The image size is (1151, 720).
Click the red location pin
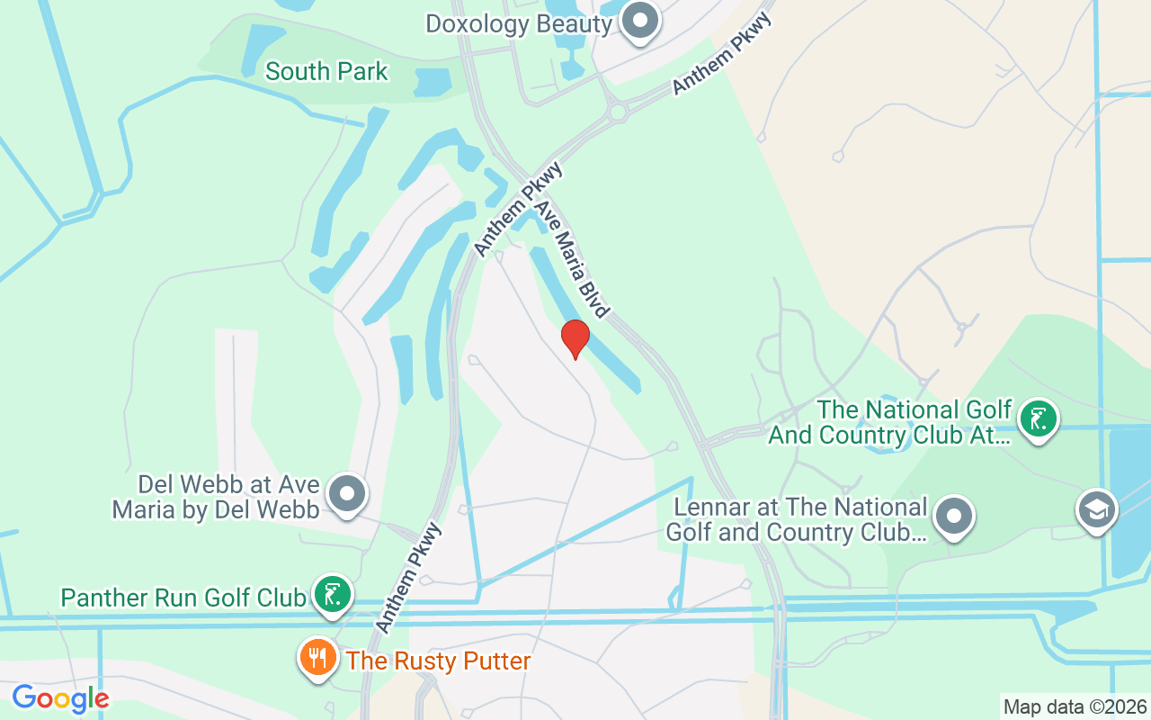point(575,338)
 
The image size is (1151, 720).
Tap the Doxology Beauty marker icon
point(641,19)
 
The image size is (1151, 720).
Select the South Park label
point(326,71)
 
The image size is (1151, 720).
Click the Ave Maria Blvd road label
point(572,258)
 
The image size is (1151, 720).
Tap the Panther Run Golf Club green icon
point(333,594)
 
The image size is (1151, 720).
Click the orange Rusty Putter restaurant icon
point(317,658)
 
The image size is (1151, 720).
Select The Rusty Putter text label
point(438,661)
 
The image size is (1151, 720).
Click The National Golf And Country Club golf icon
point(1039,419)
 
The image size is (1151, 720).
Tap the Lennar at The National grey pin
point(954,517)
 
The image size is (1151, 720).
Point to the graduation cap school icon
point(1096,509)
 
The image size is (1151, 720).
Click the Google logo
point(60,698)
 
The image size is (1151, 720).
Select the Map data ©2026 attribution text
point(1075,706)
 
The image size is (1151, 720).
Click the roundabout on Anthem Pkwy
point(618,112)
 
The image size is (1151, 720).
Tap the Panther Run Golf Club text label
point(183,598)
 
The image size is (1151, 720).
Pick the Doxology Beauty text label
point(518,23)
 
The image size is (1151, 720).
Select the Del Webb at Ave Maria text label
point(216,497)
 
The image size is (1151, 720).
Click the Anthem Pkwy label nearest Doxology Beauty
point(716,54)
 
